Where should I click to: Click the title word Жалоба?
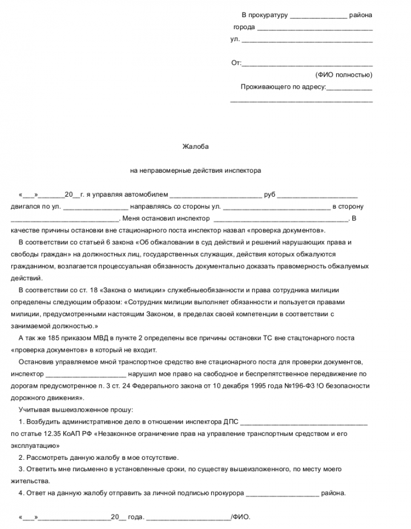[195, 146]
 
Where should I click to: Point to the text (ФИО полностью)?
[344, 75]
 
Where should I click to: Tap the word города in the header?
[244, 27]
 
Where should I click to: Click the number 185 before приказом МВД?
[47, 338]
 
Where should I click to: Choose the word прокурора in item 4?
[228, 493]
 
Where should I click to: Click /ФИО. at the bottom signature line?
[240, 516]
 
